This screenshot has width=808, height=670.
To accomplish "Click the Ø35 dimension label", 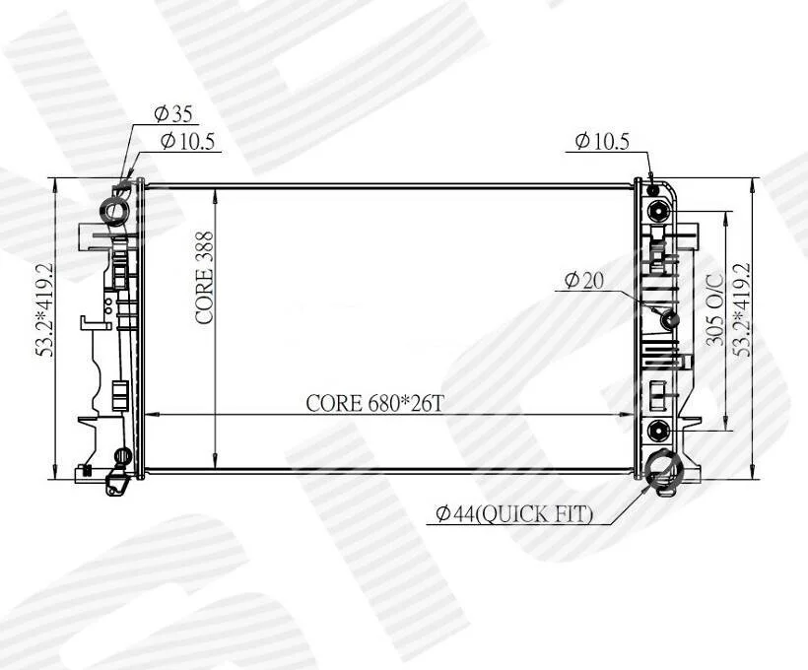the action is point(173,114).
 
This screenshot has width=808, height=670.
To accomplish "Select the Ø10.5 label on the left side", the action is point(187,141).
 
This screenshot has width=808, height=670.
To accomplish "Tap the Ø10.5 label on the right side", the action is point(602,141).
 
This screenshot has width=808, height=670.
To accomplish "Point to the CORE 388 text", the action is point(205,278).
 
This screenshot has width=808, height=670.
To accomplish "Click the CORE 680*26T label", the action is point(374,403).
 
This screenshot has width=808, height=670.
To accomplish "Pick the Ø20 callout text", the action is point(583,281).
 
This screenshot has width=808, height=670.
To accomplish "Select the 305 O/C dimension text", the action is point(715,309).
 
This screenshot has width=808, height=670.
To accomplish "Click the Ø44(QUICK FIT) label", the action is point(514,514).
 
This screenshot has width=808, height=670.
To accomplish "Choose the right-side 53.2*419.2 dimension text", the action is point(743,309).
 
